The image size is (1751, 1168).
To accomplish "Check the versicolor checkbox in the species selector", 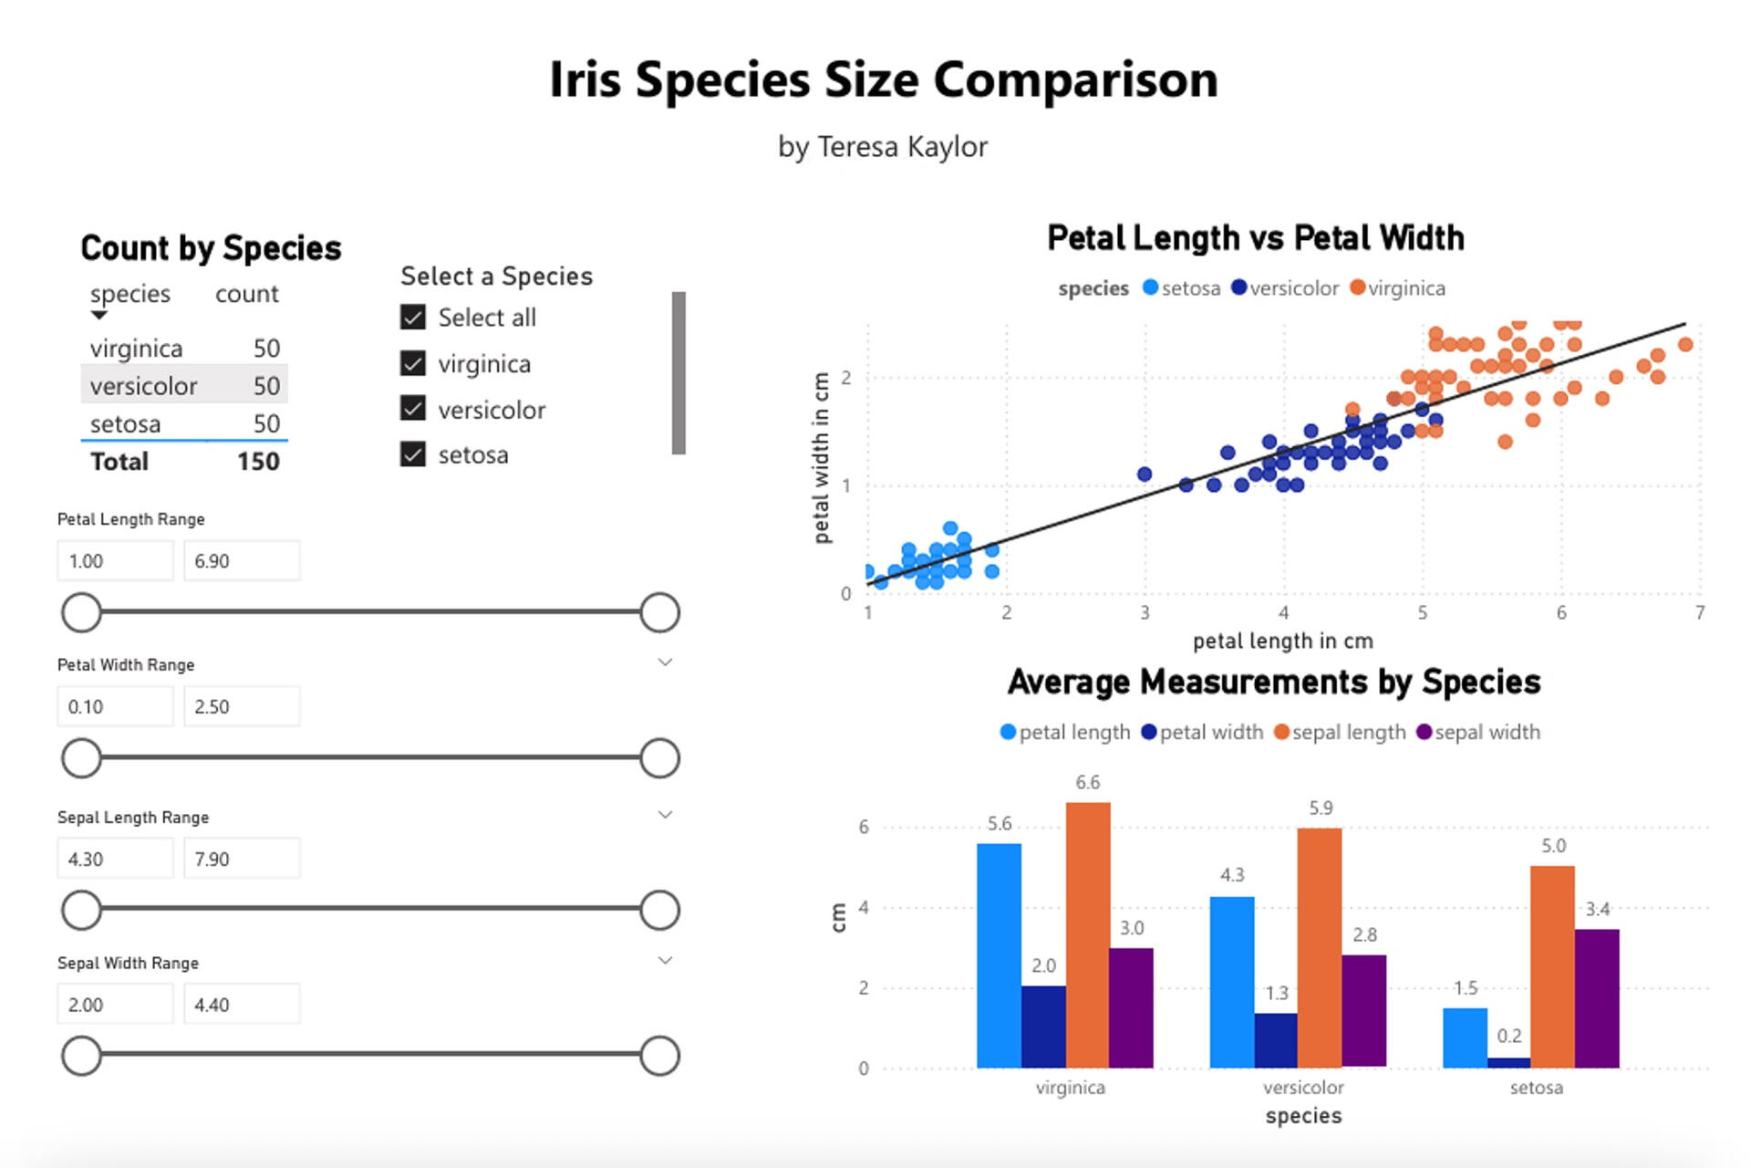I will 413,409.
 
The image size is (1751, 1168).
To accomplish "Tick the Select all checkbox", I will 413,318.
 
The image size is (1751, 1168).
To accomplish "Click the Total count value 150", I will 258,462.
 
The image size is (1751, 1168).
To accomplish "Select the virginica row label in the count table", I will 136,349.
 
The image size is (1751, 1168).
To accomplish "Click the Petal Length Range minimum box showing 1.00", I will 115,561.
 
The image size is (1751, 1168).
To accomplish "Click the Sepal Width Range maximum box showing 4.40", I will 241,1005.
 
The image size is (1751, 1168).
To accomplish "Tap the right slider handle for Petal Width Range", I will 659,758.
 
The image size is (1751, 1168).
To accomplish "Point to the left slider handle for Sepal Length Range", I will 81,910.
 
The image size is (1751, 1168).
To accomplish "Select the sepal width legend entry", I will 1478,733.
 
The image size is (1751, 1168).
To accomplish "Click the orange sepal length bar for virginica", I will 1087,934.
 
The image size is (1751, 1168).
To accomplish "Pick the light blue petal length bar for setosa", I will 1465,1038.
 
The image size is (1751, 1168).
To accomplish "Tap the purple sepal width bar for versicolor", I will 1363,1011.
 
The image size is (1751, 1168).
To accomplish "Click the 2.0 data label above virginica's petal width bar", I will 1043,965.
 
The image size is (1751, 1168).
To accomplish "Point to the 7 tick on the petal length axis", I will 1699,612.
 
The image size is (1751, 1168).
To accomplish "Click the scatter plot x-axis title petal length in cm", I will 1282,641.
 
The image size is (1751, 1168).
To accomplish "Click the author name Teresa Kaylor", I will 902,147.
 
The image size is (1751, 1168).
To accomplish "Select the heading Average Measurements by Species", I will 1274,683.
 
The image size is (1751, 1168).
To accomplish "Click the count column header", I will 246,294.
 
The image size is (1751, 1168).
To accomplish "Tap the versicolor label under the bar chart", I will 1303,1088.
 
